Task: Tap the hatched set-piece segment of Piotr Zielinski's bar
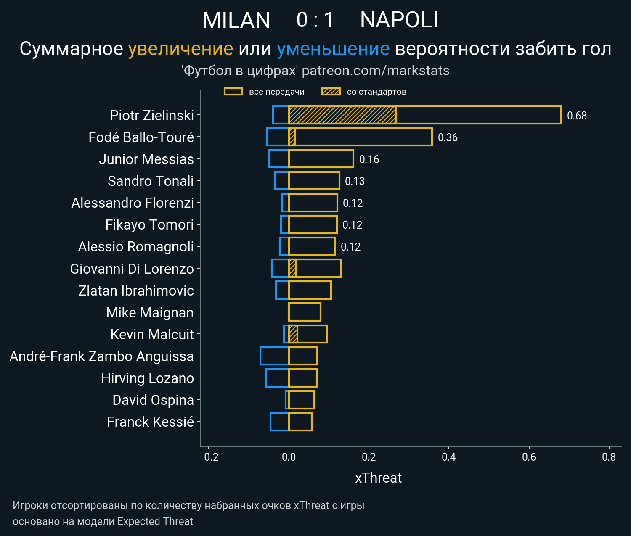pos(342,115)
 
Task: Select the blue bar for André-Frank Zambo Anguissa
pos(274,356)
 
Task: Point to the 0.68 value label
pos(577,116)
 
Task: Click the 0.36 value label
pos(448,137)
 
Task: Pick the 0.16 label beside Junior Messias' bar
pos(369,159)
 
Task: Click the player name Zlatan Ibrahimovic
pos(136,290)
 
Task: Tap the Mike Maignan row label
pos(150,312)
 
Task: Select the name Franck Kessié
pos(150,422)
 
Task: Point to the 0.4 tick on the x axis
pos(449,457)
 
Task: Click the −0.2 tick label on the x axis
pos(209,457)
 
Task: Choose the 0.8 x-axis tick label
pos(609,457)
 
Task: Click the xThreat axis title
pos(378,478)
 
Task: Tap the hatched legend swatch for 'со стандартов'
pos(331,92)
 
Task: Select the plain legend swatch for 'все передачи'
pos(233,92)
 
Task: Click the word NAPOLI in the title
pos(399,20)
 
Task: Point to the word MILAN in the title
pos(236,20)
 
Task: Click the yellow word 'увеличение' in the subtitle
pos(180,49)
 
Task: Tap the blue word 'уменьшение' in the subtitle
pos(333,49)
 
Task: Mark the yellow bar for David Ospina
pos(302,400)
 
